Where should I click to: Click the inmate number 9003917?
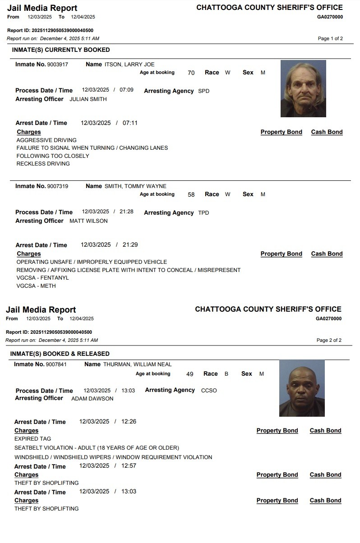(58, 64)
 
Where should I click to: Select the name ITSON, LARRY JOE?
(129, 64)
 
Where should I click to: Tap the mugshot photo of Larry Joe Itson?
(303, 88)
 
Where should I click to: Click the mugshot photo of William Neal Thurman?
(302, 388)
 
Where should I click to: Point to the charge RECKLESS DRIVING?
(43, 164)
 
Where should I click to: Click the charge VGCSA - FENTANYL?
(43, 278)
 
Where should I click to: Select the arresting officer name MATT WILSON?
(88, 221)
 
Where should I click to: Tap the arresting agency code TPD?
(203, 213)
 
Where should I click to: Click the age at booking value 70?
(191, 73)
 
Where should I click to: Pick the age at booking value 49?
(189, 374)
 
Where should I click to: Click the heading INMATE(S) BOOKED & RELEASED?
(60, 354)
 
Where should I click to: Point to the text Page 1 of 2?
(330, 39)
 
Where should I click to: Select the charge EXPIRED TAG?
(33, 439)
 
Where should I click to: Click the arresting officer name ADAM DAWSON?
(92, 399)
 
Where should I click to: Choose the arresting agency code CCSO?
(209, 391)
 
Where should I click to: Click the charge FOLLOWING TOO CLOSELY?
(53, 156)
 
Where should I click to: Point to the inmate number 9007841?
(56, 364)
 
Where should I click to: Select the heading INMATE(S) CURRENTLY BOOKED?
(61, 50)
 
